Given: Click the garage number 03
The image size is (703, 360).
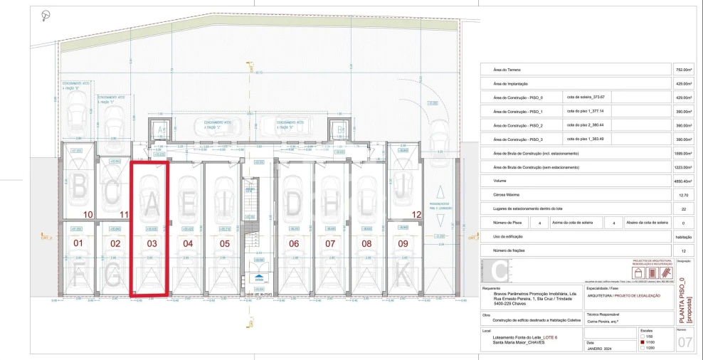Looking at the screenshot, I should coord(151,243).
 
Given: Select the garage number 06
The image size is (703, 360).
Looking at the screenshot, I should coord(294,243).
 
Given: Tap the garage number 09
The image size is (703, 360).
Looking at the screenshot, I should coord(403,243).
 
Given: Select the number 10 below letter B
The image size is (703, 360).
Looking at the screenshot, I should coord(88,214).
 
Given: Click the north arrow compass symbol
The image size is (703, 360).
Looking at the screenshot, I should coord(46,15).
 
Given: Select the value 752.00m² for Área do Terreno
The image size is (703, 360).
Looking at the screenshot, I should coord(683,70).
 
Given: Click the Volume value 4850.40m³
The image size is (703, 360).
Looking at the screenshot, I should coord(683,181).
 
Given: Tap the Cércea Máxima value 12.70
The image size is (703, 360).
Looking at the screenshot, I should coord(683,194).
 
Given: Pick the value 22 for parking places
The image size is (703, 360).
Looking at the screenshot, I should coord(683,208).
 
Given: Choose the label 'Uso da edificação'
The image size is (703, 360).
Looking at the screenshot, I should coord(507,236).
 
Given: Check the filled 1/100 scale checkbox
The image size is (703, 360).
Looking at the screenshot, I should coord(643,342).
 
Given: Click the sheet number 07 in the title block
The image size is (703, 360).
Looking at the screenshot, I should coord(686,343).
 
